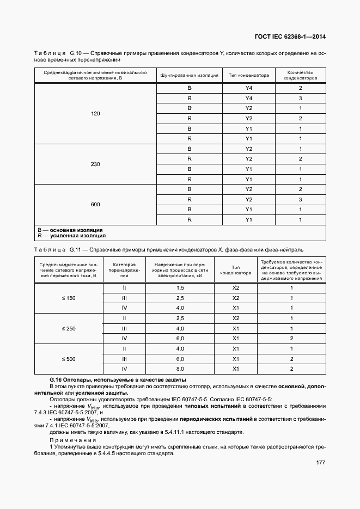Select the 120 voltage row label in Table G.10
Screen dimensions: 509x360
96,114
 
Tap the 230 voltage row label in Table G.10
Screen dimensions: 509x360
96,164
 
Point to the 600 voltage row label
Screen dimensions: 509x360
96,204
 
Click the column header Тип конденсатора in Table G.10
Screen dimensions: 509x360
249,75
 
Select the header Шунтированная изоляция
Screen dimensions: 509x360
189,75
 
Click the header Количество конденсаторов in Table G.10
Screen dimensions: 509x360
300,75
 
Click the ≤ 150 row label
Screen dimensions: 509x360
69,298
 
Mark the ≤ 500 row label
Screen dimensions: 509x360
69,359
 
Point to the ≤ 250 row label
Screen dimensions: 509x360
69,328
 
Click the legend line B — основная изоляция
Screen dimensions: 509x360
70,230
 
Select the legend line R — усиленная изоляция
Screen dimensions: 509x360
70,236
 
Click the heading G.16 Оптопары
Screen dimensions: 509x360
118,379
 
